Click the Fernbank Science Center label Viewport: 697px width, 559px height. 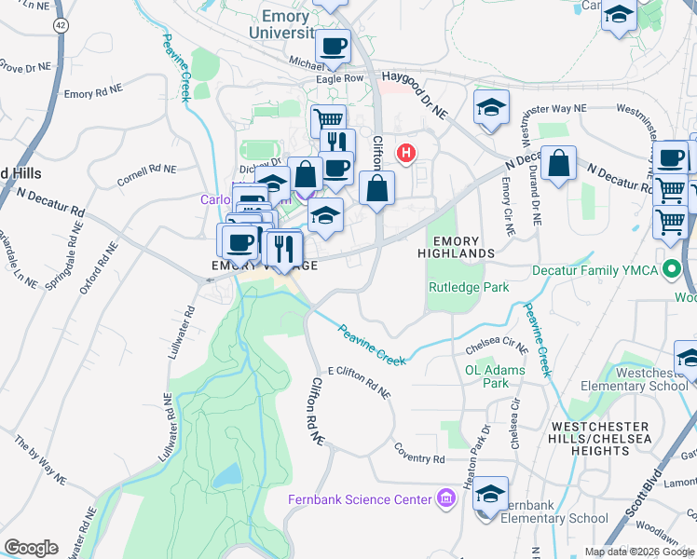tap(360, 499)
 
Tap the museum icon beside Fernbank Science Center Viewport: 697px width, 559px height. tap(445, 499)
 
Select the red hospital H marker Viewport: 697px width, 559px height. tap(406, 153)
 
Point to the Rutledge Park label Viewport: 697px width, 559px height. tap(469, 287)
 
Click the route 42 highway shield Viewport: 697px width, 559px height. tap(61, 23)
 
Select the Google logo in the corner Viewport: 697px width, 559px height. tap(31, 548)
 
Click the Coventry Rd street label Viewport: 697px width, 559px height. tap(418, 458)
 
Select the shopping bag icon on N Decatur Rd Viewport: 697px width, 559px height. tap(558, 164)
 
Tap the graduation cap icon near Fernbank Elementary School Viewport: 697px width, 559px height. tap(491, 495)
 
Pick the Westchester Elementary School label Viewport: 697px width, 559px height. tap(634, 378)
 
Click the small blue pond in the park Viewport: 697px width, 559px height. tap(225, 477)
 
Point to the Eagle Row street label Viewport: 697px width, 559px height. tap(339, 79)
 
